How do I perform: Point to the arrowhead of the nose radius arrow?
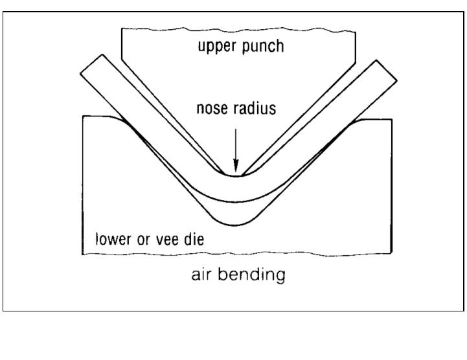[236, 170]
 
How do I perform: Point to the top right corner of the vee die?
[391, 120]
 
